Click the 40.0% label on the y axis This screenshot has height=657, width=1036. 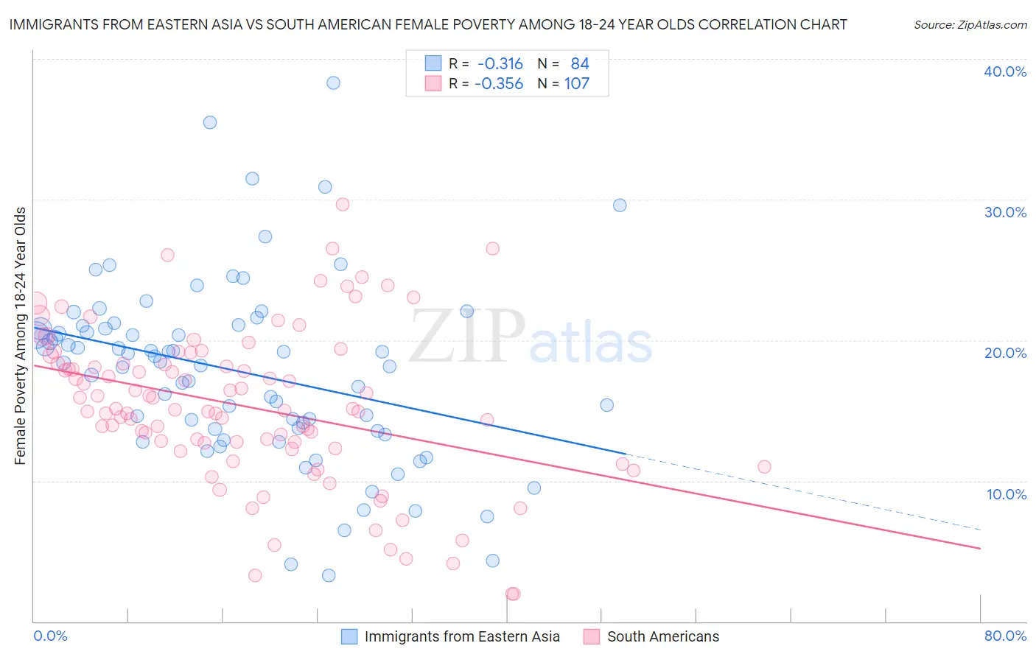[1005, 71]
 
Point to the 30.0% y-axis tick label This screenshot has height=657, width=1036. [1005, 212]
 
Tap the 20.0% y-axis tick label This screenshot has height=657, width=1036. [1005, 353]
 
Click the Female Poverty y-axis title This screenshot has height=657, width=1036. [20, 336]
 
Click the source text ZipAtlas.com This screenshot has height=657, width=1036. [970, 25]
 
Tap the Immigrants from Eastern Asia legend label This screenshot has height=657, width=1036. [462, 636]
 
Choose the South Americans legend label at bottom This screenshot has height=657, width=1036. [663, 636]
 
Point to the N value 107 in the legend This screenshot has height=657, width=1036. [577, 84]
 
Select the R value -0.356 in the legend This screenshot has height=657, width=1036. [499, 84]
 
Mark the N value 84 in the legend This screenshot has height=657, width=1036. [580, 64]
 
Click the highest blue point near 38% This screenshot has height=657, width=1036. [333, 83]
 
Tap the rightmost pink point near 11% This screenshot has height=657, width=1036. [764, 467]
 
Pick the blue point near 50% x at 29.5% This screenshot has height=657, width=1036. [620, 205]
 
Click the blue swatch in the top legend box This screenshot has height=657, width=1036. [433, 64]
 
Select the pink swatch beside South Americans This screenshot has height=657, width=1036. [591, 636]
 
